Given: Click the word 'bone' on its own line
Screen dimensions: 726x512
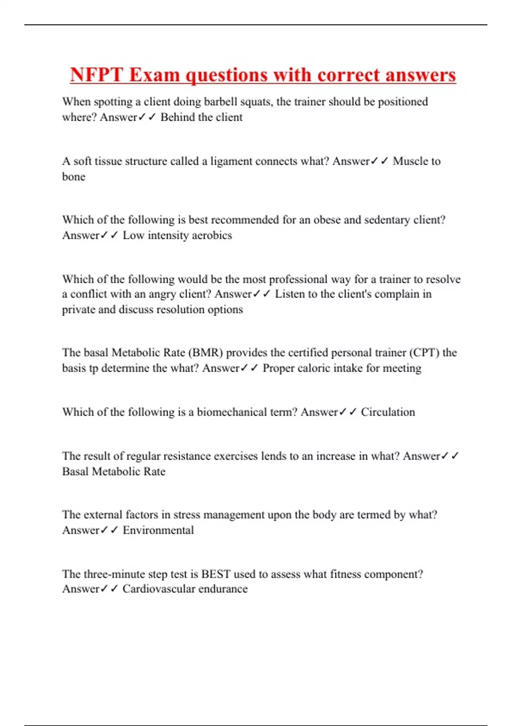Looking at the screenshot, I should point(74,177).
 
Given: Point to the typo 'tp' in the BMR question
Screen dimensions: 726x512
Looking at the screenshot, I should point(93,368).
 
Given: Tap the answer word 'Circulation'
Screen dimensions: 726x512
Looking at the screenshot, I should point(388,412).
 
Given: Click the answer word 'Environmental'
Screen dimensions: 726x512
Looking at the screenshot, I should point(158,530).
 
